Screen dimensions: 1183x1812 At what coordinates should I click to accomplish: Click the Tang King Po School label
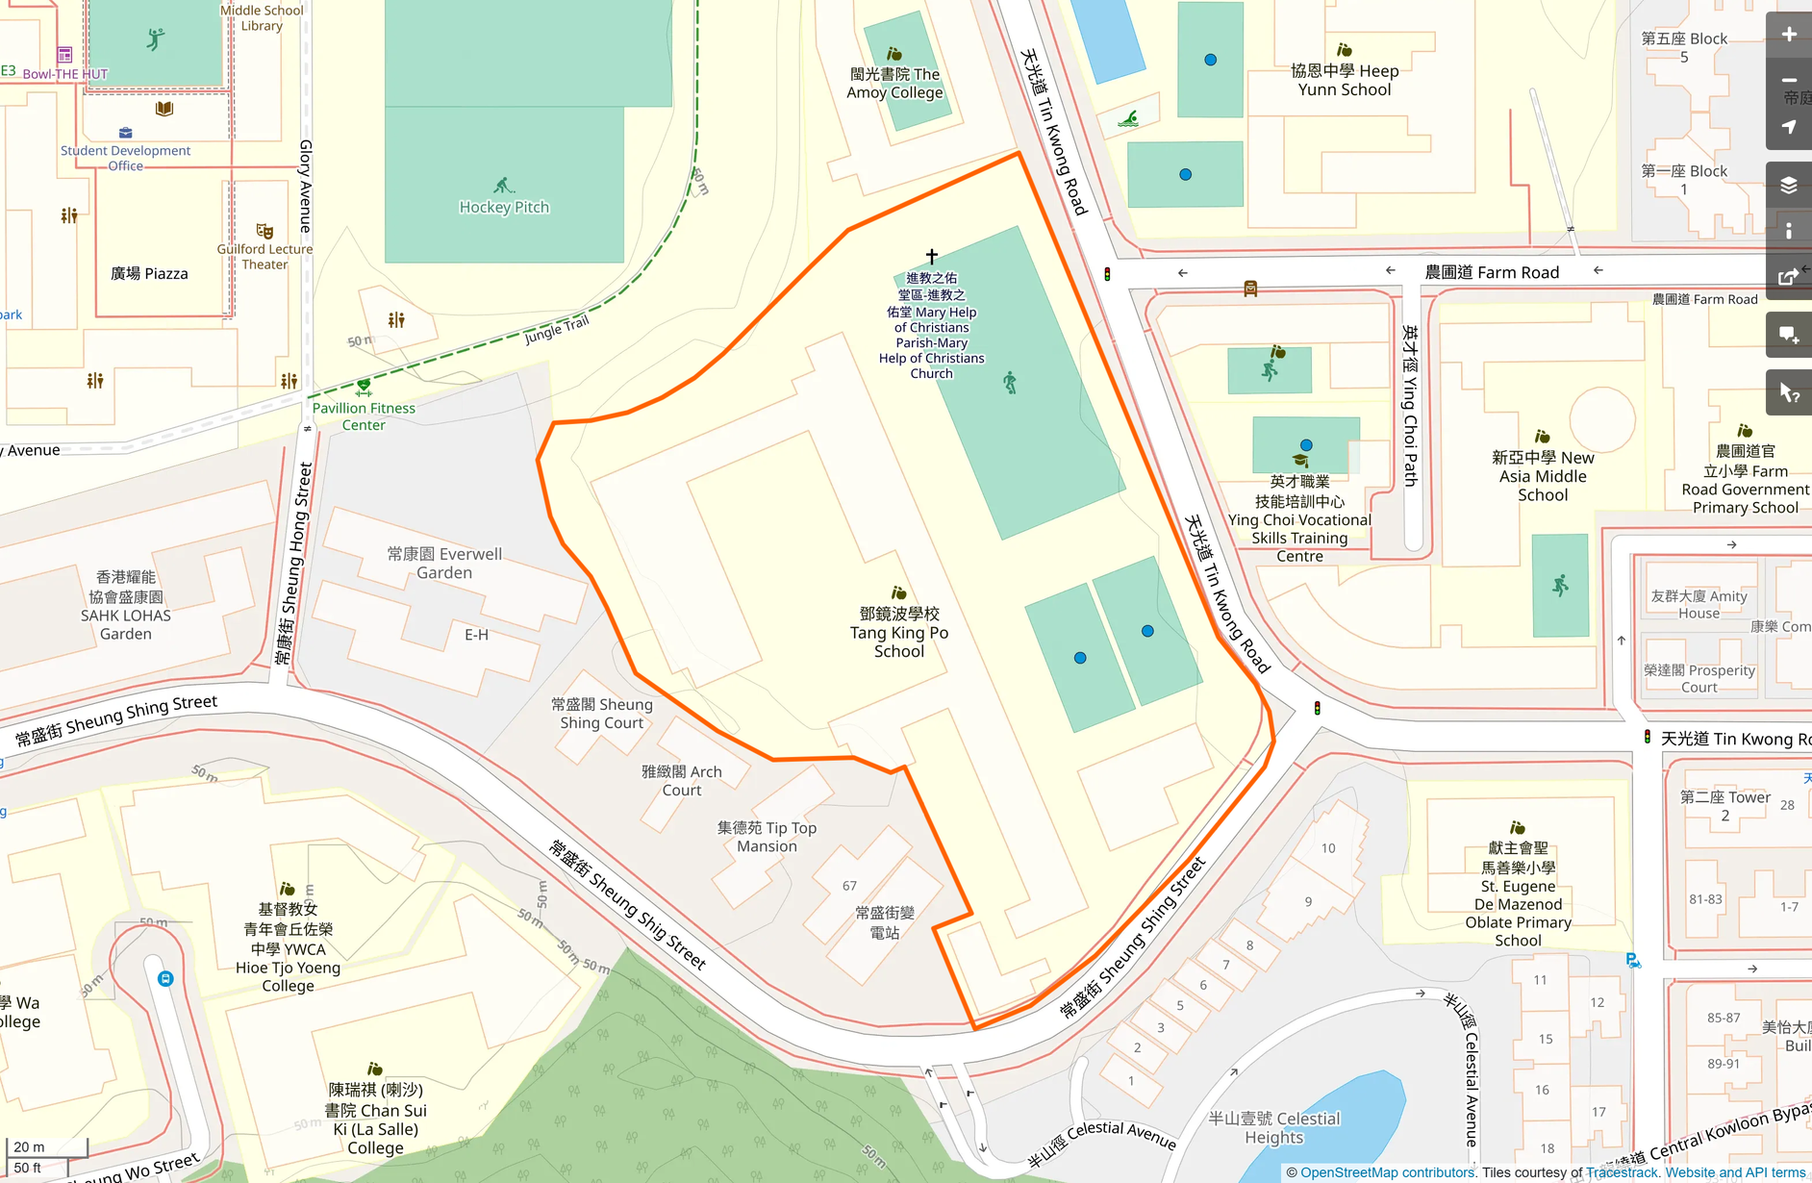pyautogui.click(x=898, y=632)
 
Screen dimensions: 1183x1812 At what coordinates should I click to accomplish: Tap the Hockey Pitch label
pyautogui.click(x=504, y=207)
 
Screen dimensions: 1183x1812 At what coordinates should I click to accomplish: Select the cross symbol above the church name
pyautogui.click(x=931, y=256)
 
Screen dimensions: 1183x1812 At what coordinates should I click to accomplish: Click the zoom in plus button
pyautogui.click(x=1788, y=35)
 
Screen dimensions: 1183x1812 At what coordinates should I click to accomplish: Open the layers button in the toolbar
pyautogui.click(x=1788, y=185)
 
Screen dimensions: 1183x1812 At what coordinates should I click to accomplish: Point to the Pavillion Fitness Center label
pyautogui.click(x=364, y=415)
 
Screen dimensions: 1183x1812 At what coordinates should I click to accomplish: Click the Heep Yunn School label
pyautogui.click(x=1344, y=80)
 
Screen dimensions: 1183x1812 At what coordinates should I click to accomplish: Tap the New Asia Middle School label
pyautogui.click(x=1542, y=476)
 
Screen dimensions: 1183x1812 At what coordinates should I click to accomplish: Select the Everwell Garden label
pyautogui.click(x=444, y=563)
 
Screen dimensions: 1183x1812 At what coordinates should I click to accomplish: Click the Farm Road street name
pyautogui.click(x=1491, y=272)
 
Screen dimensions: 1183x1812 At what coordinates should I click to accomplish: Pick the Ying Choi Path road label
pyautogui.click(x=1410, y=405)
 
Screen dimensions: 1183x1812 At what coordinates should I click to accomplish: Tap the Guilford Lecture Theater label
pyautogui.click(x=264, y=256)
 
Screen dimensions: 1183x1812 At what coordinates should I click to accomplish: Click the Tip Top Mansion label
pyautogui.click(x=767, y=837)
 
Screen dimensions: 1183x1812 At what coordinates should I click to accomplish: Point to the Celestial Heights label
pyautogui.click(x=1273, y=1127)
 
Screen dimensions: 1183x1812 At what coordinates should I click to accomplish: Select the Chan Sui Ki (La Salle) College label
pyautogui.click(x=375, y=1119)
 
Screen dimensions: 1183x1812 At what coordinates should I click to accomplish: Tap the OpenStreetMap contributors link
pyautogui.click(x=1387, y=1172)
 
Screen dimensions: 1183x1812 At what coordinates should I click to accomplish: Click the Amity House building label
pyautogui.click(x=1699, y=604)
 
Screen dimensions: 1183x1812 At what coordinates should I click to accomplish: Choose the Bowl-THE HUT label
pyautogui.click(x=65, y=74)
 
